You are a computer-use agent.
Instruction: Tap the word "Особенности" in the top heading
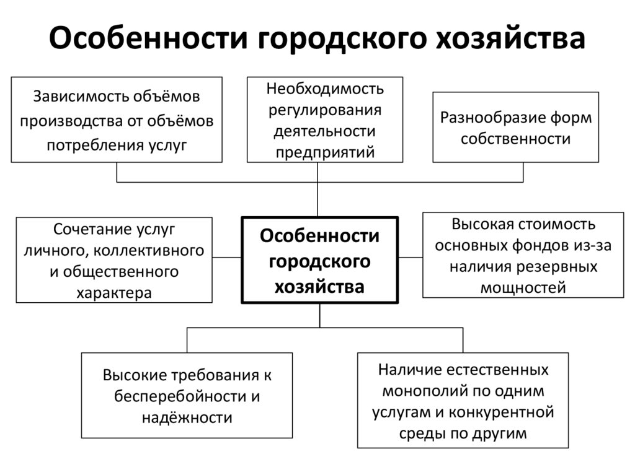point(144,38)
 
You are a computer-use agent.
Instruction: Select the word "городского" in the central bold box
point(319,261)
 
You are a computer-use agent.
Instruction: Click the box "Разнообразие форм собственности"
point(515,127)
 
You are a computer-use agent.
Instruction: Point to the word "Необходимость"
point(325,89)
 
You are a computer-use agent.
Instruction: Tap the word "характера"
point(114,292)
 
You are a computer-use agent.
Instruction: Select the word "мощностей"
point(523,287)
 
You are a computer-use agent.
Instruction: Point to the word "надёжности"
point(187,417)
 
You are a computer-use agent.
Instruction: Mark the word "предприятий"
point(325,152)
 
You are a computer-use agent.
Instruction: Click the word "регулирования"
point(324,110)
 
